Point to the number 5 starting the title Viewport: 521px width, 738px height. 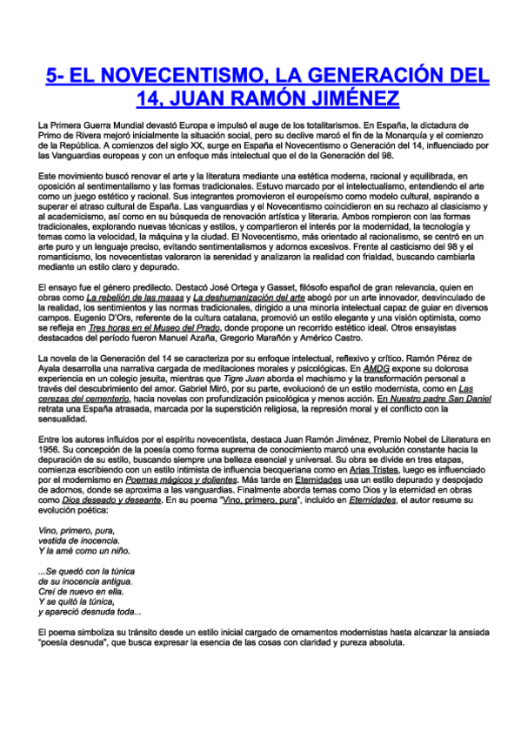(51, 72)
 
